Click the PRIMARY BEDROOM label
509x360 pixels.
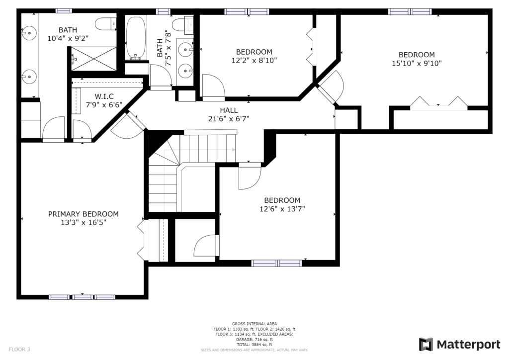pos(84,214)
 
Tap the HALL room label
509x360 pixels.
pos(229,110)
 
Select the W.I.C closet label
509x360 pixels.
pos(104,96)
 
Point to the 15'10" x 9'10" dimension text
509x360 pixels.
pos(417,63)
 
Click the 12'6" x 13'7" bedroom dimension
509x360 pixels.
pos(282,209)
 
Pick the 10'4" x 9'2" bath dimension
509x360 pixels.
pos(68,38)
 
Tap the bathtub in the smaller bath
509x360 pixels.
pos(136,38)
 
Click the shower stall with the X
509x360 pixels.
pos(93,59)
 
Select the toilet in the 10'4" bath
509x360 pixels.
pos(106,24)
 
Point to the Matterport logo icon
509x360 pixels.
pos(425,345)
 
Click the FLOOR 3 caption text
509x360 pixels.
pos(19,350)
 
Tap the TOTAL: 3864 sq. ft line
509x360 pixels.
pos(254,345)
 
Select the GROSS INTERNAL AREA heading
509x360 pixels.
pos(254,324)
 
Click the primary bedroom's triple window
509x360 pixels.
pos(82,297)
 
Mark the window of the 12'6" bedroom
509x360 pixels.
pos(277,263)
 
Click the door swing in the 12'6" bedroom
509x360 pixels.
pos(250,177)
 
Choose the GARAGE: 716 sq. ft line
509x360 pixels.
pos(254,340)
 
